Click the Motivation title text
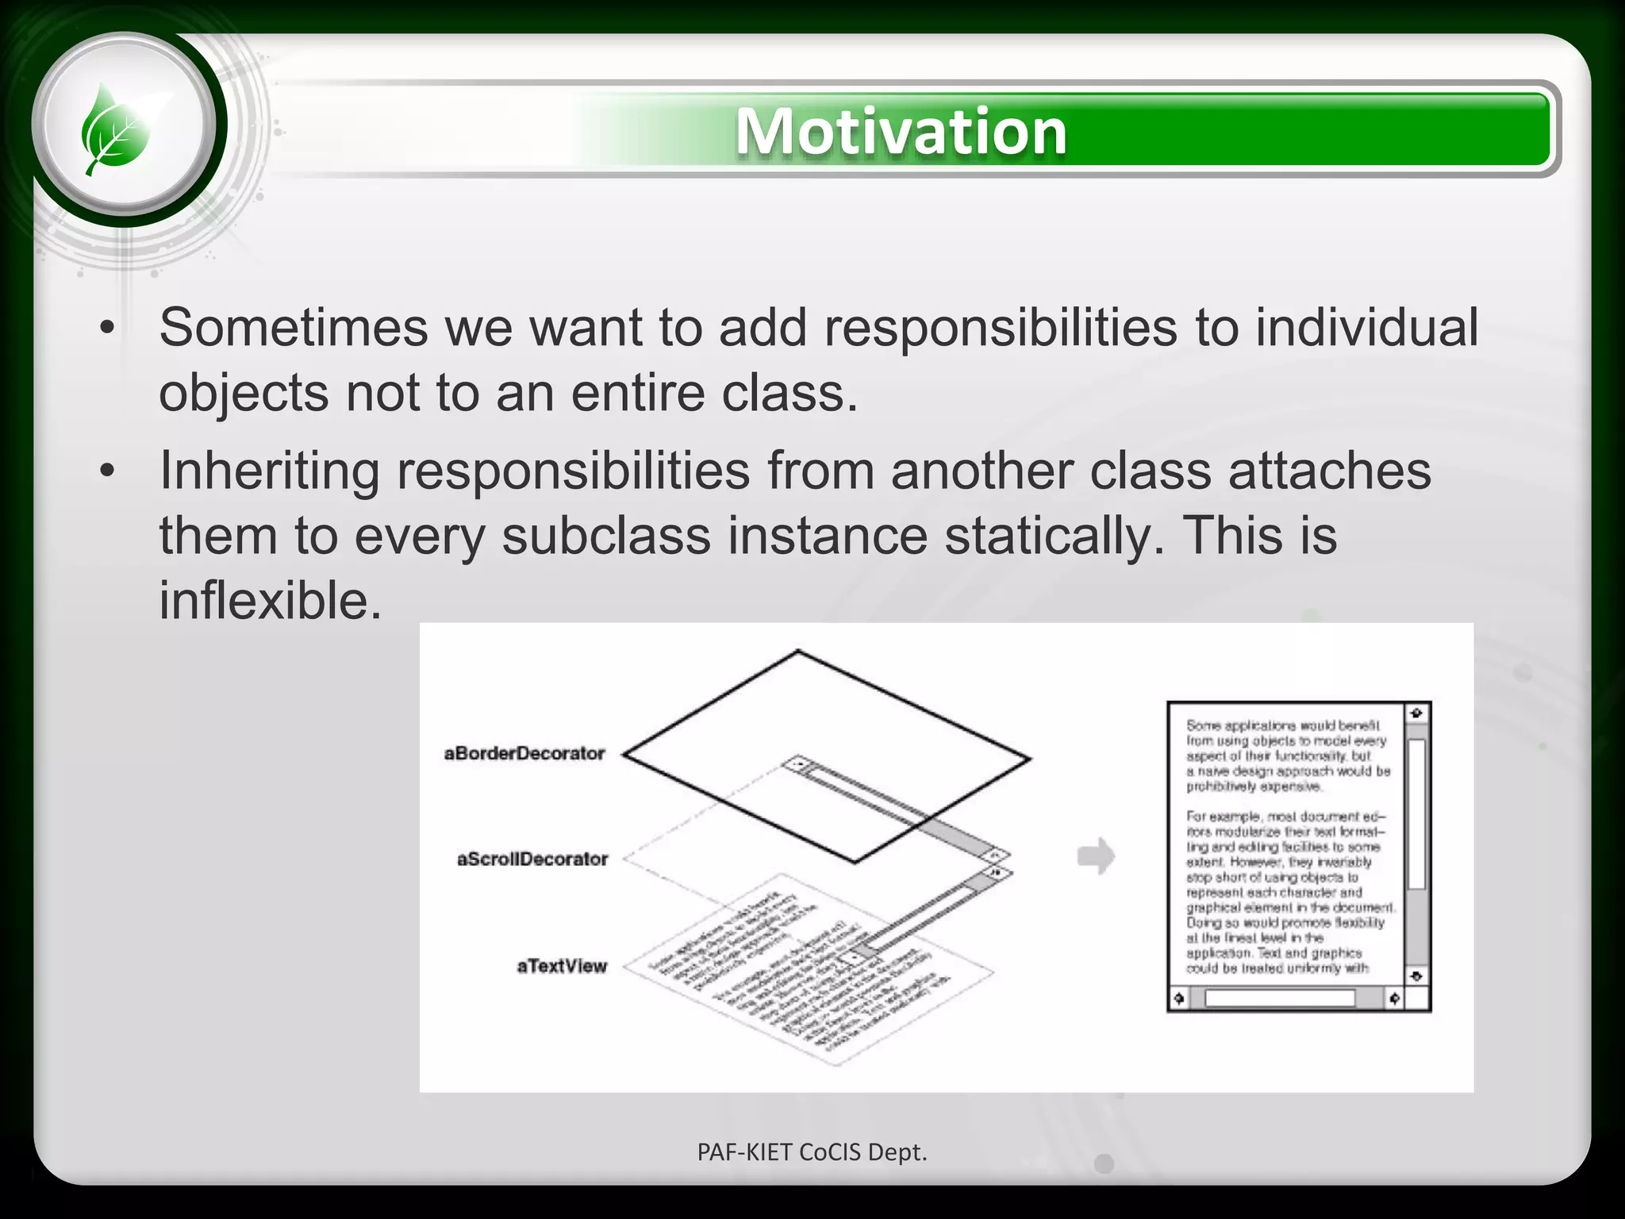tap(901, 131)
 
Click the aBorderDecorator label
tap(524, 753)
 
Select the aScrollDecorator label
tap(532, 859)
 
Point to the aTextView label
tap(562, 966)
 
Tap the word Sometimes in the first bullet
tap(294, 327)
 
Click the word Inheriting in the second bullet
tap(270, 471)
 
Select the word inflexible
tap(270, 600)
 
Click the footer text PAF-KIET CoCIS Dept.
tap(812, 1152)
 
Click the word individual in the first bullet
tap(1366, 327)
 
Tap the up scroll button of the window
tap(1416, 713)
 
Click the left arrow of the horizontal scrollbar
tap(1179, 998)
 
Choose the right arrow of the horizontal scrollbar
tap(1394, 998)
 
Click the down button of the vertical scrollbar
tap(1416, 975)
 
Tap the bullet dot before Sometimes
tap(108, 328)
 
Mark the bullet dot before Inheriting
tap(108, 471)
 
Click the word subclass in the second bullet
tap(606, 535)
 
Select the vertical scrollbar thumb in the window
tap(1416, 813)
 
